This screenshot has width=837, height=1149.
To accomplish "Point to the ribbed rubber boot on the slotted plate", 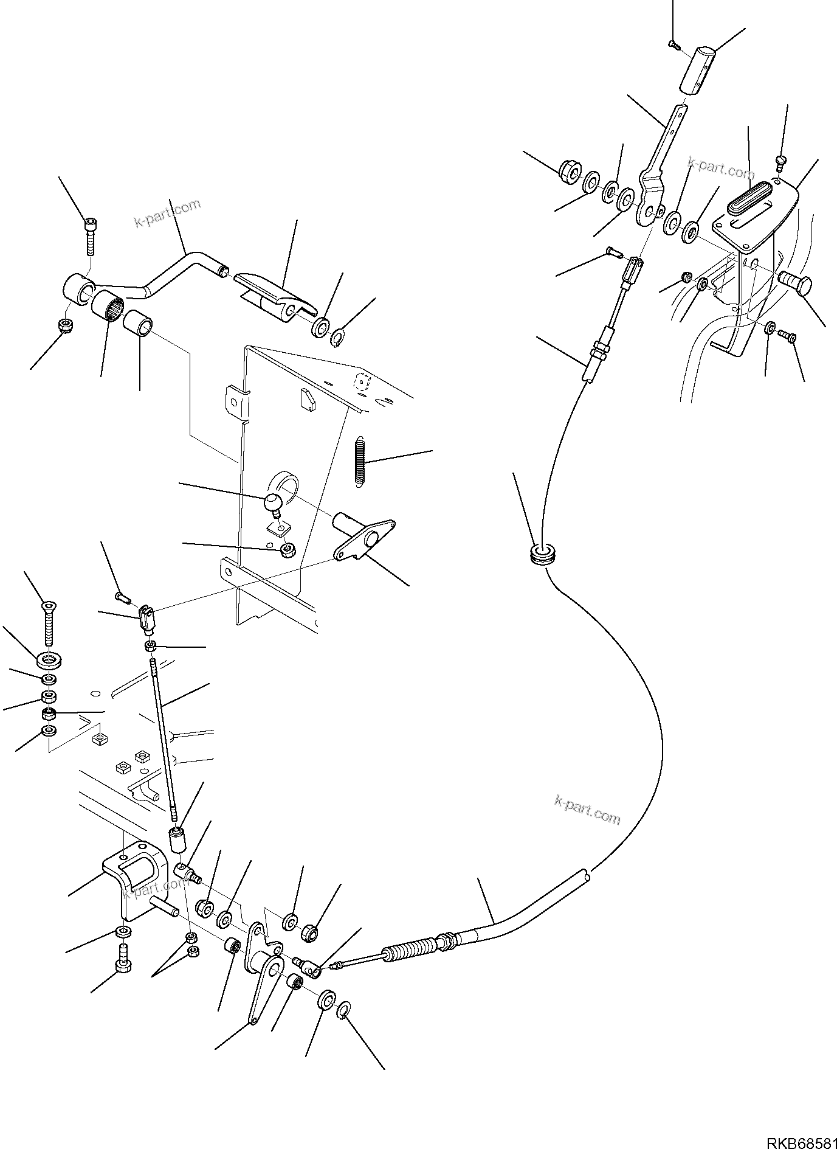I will pos(752,198).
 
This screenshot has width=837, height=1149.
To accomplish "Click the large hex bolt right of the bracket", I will pos(796,285).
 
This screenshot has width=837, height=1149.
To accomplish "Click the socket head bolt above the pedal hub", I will pos(89,236).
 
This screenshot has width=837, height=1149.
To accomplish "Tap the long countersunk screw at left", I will pos(48,624).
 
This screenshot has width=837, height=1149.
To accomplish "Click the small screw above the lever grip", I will pos(673,43).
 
